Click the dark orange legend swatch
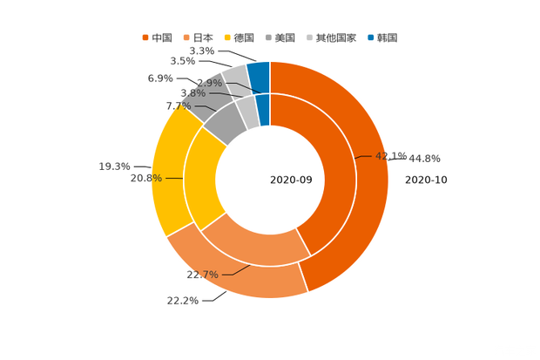pos(145,37)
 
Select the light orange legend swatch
pos(187,37)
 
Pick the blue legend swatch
pos(370,37)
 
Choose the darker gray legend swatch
pos(271,37)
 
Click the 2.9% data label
pos(209,83)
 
